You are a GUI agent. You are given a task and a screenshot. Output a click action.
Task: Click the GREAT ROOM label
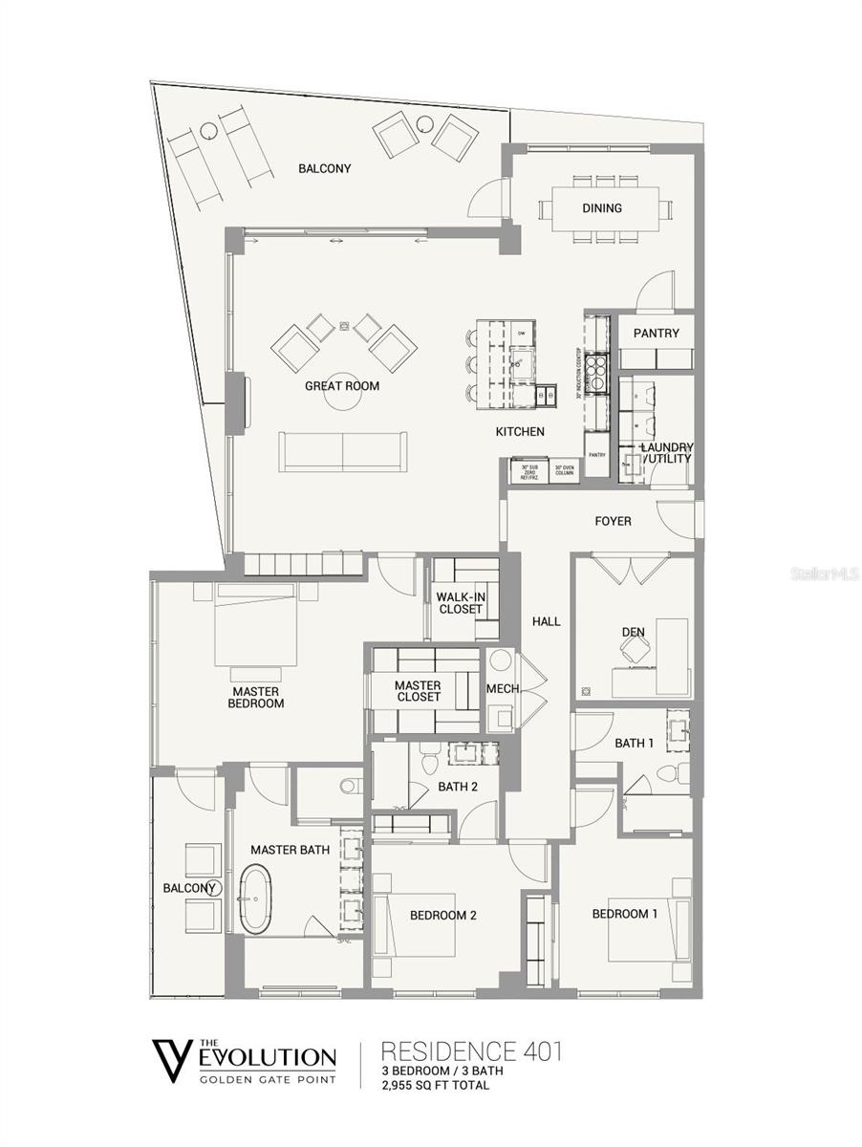tap(341, 386)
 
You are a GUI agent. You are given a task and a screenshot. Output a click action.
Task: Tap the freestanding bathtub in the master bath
tap(255, 898)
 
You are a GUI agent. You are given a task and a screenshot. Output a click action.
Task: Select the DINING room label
tap(601, 207)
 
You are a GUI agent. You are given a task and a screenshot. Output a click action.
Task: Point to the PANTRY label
tap(656, 334)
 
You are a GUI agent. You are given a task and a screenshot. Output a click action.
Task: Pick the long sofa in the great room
tap(342, 451)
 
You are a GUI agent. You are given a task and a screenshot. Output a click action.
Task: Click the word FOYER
tap(612, 521)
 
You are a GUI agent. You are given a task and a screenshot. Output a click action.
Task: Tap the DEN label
tap(633, 632)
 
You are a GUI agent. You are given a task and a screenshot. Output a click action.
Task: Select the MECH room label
tap(502, 690)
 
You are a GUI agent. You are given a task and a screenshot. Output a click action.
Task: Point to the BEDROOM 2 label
tap(442, 915)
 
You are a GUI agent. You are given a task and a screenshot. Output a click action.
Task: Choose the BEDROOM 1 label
tap(624, 914)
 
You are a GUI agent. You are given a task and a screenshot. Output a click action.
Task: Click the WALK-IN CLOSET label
tap(460, 603)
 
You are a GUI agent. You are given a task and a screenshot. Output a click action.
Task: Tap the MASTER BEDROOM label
tap(256, 697)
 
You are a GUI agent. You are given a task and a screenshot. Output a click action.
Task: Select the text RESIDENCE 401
tap(470, 1052)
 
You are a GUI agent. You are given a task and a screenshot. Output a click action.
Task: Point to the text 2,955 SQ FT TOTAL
tap(435, 1085)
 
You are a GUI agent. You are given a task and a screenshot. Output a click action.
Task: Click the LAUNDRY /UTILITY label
tap(666, 453)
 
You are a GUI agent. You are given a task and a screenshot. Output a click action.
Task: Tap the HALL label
tap(546, 621)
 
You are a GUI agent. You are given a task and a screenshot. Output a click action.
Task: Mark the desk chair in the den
tap(633, 650)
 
